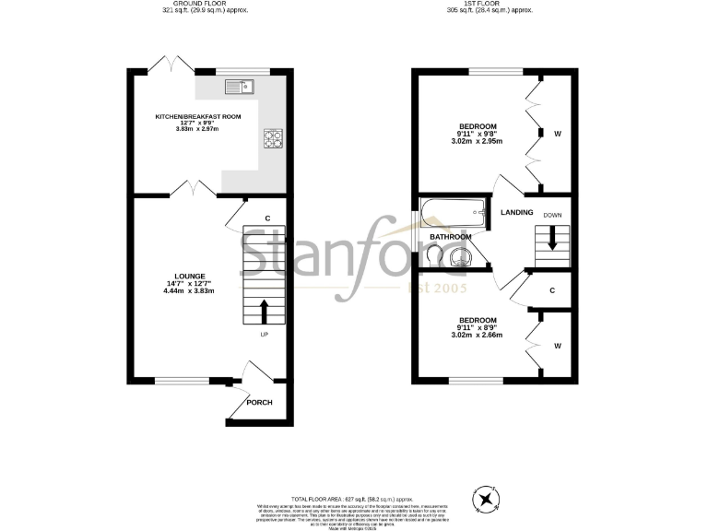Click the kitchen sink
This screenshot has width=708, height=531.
[x=240, y=87]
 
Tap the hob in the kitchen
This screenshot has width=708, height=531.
[x=274, y=139]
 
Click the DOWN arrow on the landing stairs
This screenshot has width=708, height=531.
[x=552, y=238]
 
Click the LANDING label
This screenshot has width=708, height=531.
[x=516, y=213]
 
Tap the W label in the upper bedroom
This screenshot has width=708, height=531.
[x=557, y=134]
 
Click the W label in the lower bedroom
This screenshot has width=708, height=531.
[x=557, y=346]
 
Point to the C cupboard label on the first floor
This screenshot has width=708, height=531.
[x=551, y=290]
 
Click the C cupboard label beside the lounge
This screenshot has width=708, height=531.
[x=267, y=218]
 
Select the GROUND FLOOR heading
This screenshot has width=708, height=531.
[x=202, y=5]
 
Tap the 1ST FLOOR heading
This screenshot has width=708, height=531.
[x=495, y=5]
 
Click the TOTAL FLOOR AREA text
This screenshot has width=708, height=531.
[x=354, y=497]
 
